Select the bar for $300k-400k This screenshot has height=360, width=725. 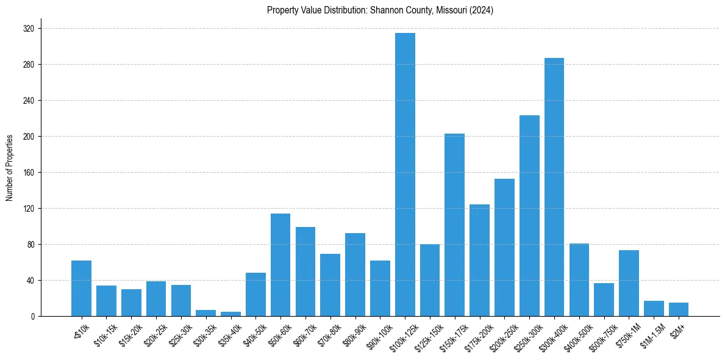554,187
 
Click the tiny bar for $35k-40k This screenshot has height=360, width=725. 230,314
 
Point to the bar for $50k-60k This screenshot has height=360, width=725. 280,265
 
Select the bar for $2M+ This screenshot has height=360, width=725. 679,309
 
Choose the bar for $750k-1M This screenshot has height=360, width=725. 629,283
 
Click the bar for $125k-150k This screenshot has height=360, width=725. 430,280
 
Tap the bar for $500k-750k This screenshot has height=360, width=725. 604,300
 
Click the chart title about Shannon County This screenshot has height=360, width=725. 380,10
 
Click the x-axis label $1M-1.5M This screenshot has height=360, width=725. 652,333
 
